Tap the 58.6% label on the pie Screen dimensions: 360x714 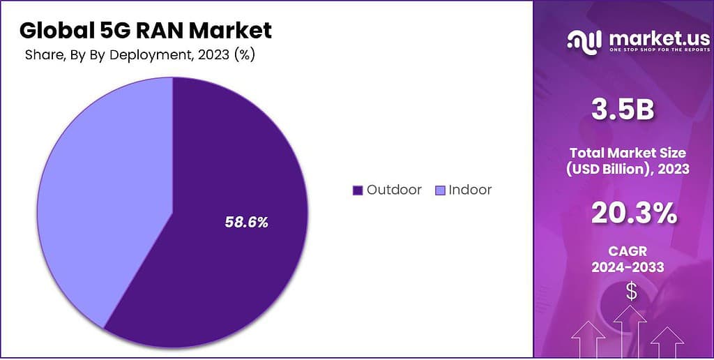[x=246, y=223]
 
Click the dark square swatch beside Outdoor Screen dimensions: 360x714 [x=358, y=190]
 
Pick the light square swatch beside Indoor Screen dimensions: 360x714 [x=439, y=190]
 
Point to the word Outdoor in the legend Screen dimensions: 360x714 [x=394, y=190]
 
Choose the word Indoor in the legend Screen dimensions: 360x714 [x=470, y=190]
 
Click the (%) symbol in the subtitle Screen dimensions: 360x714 [x=243, y=55]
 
